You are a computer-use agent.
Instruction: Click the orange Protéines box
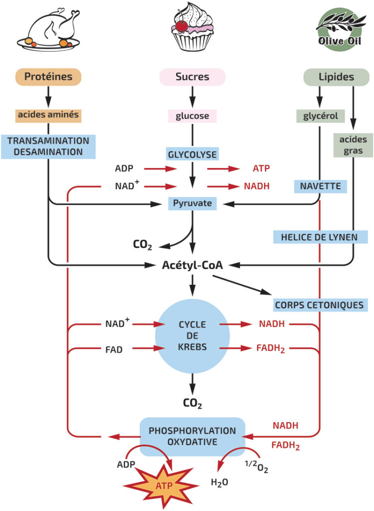click(48, 77)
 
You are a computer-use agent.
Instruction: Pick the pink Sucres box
click(192, 77)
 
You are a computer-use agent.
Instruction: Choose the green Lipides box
click(336, 77)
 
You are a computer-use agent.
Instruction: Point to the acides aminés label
click(48, 115)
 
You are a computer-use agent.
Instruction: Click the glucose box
click(192, 116)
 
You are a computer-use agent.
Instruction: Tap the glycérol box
click(320, 116)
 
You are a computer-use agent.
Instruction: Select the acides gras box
click(354, 145)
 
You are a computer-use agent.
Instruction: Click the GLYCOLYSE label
click(192, 155)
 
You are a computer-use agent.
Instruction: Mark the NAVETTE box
click(320, 186)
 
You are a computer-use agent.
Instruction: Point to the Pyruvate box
click(192, 204)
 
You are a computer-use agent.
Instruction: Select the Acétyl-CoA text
click(192, 265)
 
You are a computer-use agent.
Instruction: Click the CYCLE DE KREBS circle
click(192, 336)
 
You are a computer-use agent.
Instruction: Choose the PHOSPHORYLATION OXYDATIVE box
click(192, 436)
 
